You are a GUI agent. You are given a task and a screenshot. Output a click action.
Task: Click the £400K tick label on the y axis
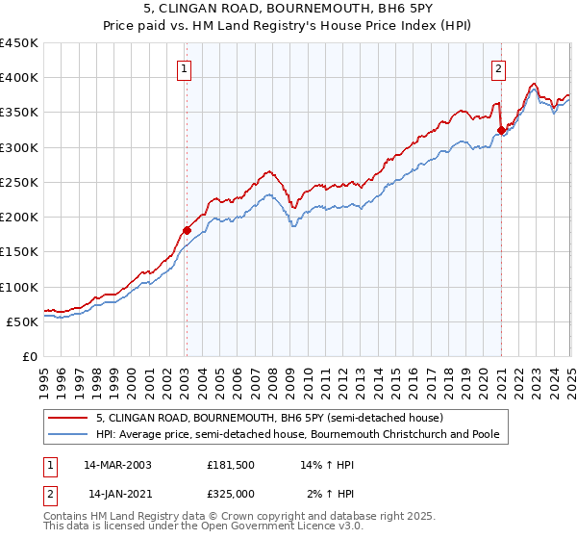tap(19, 78)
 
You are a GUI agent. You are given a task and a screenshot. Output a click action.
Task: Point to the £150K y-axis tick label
tap(19, 252)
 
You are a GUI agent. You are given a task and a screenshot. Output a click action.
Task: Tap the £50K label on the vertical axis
tap(23, 321)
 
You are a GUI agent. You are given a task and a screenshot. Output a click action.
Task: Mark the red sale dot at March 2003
tap(187, 230)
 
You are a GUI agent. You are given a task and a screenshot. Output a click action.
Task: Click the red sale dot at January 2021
tap(501, 130)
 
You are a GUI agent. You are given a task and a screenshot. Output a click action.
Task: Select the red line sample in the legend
tap(67, 419)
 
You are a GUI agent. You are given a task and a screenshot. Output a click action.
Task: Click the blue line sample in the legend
tap(67, 435)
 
